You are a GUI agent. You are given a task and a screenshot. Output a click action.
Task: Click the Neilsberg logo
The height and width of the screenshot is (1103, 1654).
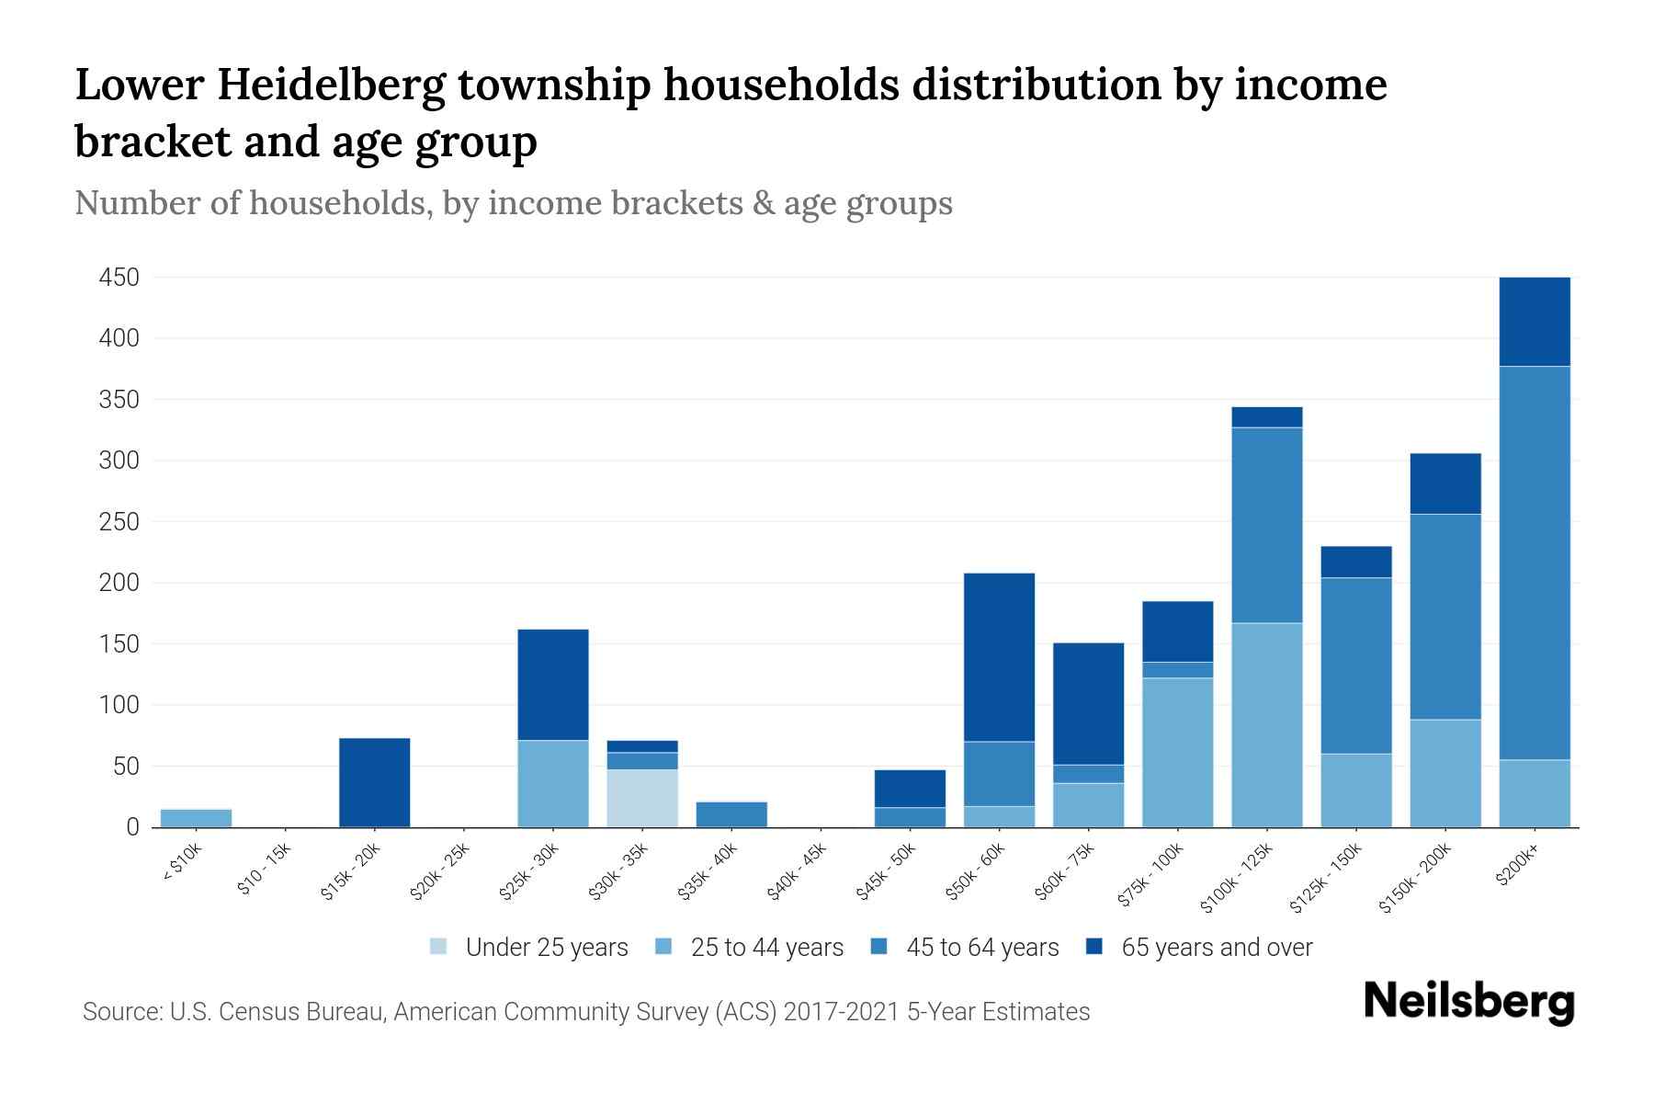point(1468,1002)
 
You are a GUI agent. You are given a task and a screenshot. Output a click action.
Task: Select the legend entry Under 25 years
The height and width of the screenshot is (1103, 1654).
point(546,948)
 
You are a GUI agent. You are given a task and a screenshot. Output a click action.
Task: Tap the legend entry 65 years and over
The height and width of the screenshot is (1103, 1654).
point(1216,948)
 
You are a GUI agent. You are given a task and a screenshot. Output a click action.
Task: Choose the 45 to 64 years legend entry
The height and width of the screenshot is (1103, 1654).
point(981,948)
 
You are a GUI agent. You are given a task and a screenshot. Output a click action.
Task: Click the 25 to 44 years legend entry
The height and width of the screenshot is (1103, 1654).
point(766,948)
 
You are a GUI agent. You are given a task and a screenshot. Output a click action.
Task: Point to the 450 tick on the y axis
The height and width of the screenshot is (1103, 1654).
point(119,278)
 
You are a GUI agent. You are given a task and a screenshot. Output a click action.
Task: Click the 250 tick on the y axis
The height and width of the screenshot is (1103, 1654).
point(119,522)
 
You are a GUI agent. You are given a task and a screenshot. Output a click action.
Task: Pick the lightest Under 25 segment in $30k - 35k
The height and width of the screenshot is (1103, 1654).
point(642,798)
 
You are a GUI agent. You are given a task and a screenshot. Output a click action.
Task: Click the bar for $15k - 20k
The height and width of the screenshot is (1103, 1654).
point(374,782)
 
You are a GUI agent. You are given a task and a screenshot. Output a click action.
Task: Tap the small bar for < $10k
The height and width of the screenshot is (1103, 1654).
point(196,818)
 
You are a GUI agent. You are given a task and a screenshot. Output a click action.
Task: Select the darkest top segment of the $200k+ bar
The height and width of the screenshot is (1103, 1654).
point(1535,322)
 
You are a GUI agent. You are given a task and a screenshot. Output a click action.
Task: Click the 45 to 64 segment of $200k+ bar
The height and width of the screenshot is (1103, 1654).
point(1535,563)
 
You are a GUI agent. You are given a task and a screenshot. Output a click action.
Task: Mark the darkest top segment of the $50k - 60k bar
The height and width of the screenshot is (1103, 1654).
point(999,657)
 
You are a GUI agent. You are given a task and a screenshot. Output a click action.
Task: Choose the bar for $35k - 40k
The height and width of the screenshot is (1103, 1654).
point(731,814)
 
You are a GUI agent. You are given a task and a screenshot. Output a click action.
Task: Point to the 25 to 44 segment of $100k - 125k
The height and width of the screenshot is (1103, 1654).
point(1266,725)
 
